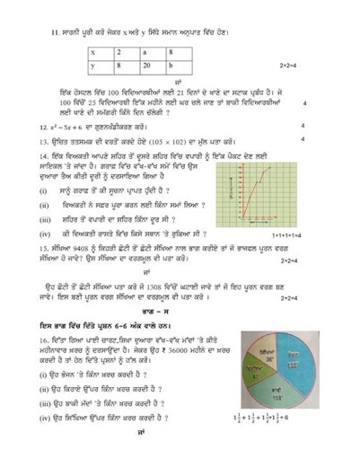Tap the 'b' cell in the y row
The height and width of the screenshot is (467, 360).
point(173,66)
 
